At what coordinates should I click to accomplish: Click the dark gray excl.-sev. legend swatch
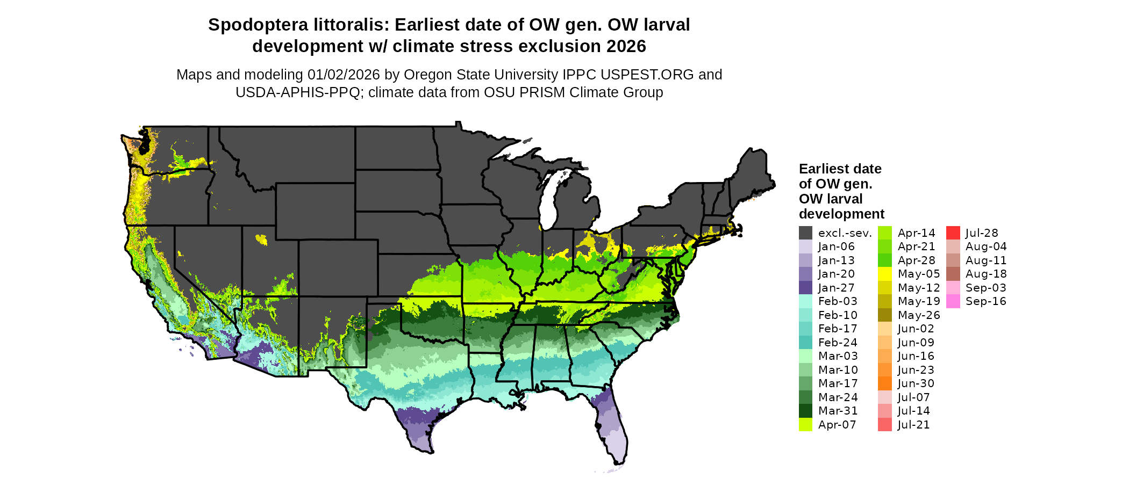[x=805, y=233]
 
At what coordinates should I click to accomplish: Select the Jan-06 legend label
[x=836, y=246]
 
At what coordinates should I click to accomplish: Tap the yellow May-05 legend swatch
[x=884, y=274]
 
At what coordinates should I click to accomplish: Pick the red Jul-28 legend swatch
[x=953, y=233]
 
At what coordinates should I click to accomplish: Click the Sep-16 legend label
[x=985, y=301]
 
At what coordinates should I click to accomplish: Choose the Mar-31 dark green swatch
[x=805, y=411]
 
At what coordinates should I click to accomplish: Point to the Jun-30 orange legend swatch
[x=884, y=383]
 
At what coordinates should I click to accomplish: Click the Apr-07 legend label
[x=837, y=425]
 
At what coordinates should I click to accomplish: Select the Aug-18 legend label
[x=986, y=274]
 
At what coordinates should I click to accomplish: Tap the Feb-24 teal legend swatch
[x=805, y=343]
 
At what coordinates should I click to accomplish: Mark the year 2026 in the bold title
[x=626, y=47]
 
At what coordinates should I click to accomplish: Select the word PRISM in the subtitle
[x=512, y=92]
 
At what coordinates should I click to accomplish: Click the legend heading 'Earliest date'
[x=840, y=169]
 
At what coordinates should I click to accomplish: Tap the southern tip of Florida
[x=618, y=461]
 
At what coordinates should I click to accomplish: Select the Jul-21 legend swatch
[x=884, y=425]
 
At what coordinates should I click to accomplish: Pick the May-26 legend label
[x=919, y=315]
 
